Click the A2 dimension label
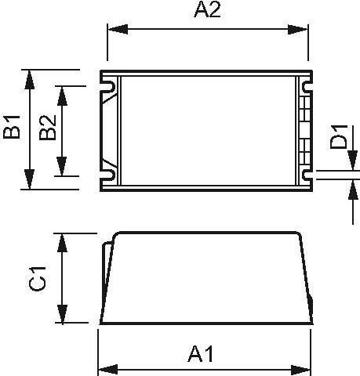(x=206, y=12)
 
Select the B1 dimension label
(x=13, y=128)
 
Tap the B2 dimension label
(x=48, y=129)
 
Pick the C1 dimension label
(x=40, y=278)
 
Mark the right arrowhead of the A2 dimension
(x=300, y=30)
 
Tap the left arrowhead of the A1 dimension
(x=106, y=368)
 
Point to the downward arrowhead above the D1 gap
(x=346, y=162)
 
